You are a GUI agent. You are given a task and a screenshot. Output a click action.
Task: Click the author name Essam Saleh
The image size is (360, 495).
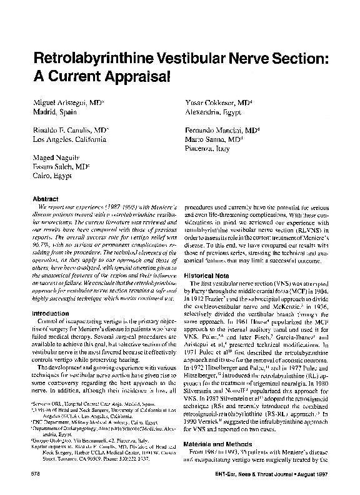coord(59,169)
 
